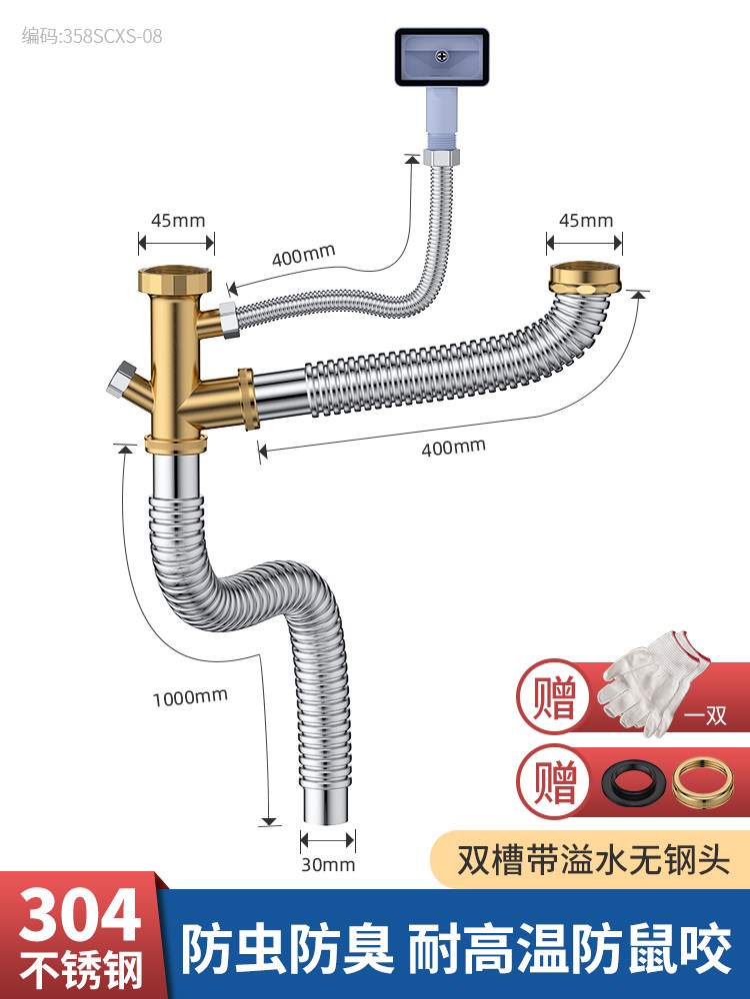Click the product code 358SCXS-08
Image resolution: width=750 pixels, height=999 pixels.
tap(91, 37)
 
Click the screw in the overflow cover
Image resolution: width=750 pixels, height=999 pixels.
tap(440, 57)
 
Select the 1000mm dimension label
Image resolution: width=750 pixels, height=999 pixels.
tap(190, 696)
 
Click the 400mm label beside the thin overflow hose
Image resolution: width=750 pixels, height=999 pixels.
tap(303, 256)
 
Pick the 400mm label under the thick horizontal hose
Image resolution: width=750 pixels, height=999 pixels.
tap(453, 447)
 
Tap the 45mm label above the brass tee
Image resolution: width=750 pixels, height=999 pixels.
tap(176, 220)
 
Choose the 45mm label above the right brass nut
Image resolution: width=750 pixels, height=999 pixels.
tap(585, 220)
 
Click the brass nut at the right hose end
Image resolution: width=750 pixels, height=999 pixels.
tap(585, 276)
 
